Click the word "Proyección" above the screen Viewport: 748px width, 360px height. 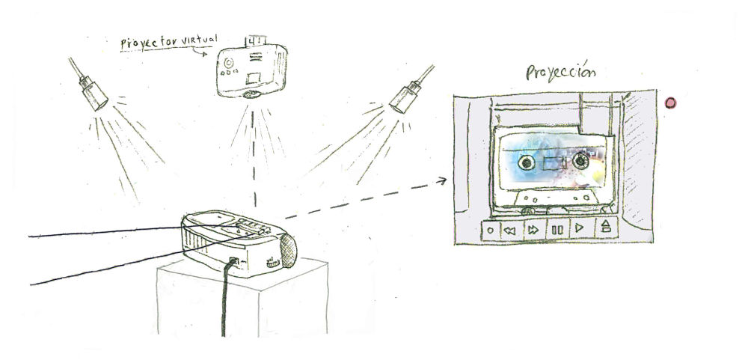[561, 73]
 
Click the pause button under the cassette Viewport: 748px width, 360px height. [557, 230]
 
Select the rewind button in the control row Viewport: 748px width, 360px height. [510, 231]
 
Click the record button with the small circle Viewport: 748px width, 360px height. [490, 231]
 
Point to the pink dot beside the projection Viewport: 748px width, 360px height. [670, 103]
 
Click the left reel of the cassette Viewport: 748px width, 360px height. [526, 163]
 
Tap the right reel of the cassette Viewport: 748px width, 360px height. [580, 162]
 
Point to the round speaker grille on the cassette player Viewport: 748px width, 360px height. [288, 250]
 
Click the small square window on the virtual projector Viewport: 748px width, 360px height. [253, 76]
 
